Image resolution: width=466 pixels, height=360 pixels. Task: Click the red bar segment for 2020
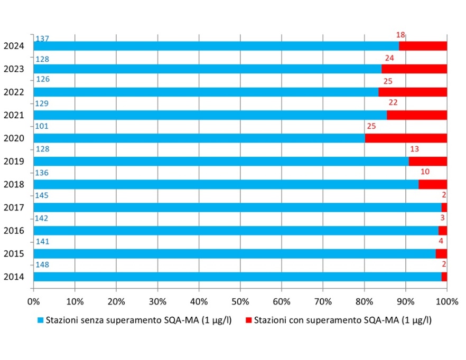406,138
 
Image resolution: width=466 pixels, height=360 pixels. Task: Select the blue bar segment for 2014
237,277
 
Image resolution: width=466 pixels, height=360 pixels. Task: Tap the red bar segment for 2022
413,92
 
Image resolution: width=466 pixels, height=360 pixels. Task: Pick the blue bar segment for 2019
221,161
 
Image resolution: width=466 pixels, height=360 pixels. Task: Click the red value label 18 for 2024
400,35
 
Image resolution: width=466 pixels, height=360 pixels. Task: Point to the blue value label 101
42,127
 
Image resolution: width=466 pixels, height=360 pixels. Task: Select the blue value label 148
42,265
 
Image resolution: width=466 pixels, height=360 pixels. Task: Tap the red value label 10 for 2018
424,173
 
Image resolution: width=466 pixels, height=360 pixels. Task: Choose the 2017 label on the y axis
13,207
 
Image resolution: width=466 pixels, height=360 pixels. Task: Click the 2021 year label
13,115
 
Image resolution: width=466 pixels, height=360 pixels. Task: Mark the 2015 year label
13,253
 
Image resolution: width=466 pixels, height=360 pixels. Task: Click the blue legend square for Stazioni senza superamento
41,320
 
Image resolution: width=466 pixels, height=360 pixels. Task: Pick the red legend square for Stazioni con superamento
249,320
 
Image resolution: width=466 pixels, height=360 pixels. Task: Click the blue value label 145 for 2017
42,196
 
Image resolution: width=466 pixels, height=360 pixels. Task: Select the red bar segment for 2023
414,69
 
